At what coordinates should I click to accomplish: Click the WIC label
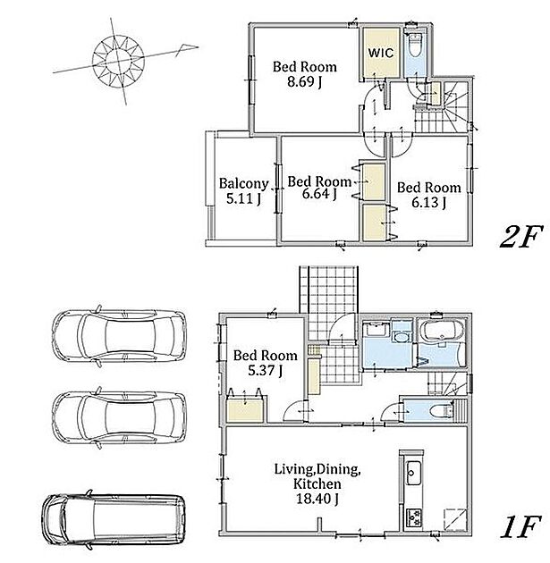pos(381,53)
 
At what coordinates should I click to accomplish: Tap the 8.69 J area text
pos(304,82)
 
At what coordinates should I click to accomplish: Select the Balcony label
pos(244,184)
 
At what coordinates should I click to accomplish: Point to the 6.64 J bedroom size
pos(319,194)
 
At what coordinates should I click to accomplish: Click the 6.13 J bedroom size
pos(429,203)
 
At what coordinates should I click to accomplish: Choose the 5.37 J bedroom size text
pos(265,370)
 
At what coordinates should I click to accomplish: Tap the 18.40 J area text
pos(317,499)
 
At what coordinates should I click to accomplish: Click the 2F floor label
pos(520,237)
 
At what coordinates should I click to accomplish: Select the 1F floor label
pos(520,526)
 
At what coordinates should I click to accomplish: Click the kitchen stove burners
pos(414,517)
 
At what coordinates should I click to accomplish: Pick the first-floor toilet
pos(443,409)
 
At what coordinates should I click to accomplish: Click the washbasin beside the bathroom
pos(402,337)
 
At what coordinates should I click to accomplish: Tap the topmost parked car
pos(119,336)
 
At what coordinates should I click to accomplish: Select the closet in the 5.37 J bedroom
pos(245,410)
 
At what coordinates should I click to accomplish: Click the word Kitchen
pos(317,483)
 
